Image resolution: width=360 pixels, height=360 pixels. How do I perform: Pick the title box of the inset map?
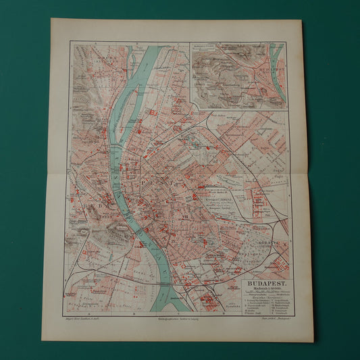click(203, 47)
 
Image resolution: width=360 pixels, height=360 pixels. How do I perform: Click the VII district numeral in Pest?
click(177, 217)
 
